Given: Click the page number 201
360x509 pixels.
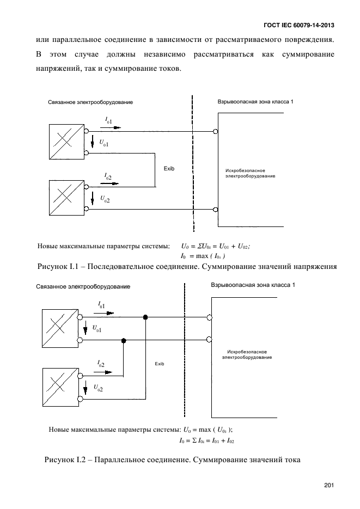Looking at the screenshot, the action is pos(329,485).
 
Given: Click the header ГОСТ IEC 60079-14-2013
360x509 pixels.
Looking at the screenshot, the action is pos(299,26).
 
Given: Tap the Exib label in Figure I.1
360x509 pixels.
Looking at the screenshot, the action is pos(169,168).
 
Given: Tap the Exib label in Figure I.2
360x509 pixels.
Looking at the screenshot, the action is pos(160,364).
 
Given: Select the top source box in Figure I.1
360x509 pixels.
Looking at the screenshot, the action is pos(66,142).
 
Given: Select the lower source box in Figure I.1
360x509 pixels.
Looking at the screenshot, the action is pos(66,198).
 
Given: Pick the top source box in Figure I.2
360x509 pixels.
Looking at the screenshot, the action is pos(60,328).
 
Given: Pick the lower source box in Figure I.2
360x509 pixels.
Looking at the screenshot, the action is pos(60,387).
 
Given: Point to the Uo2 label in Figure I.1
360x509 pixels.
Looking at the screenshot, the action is pos(105,199).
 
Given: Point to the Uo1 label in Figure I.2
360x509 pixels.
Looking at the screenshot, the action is pos(97,328).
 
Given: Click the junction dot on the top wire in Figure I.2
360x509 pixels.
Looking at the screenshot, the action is pos(145,317).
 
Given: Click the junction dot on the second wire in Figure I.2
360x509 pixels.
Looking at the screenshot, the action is pos(123,341).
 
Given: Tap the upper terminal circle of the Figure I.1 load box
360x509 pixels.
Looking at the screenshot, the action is pos(215,132).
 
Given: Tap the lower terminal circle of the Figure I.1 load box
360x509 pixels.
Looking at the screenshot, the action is pos(215,210).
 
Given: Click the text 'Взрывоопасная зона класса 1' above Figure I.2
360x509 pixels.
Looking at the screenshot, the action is pos(253,285).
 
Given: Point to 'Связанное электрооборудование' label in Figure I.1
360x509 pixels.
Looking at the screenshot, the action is pos(90,102).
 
